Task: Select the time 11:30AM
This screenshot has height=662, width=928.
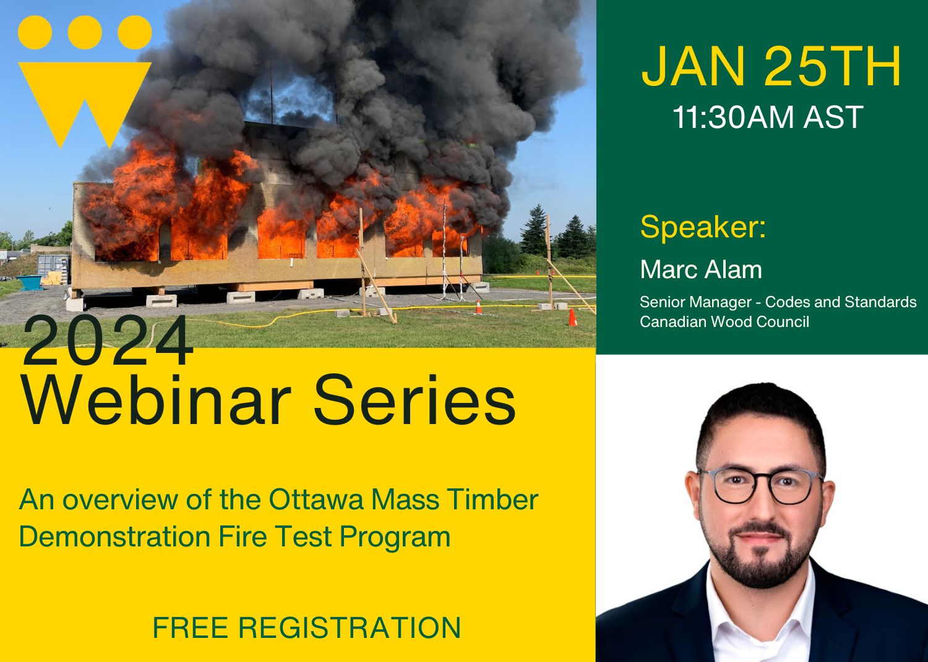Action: (734, 117)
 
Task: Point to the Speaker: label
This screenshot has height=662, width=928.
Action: (703, 227)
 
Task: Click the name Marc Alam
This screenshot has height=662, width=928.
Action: (700, 269)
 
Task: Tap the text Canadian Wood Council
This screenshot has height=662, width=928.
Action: (724, 321)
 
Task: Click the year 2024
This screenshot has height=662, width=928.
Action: (108, 342)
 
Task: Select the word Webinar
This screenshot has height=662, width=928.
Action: (157, 401)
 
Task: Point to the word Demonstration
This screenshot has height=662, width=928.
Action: (115, 537)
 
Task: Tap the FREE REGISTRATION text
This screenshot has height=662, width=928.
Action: (306, 627)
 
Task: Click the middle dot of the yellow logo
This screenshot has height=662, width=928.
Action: (85, 32)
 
